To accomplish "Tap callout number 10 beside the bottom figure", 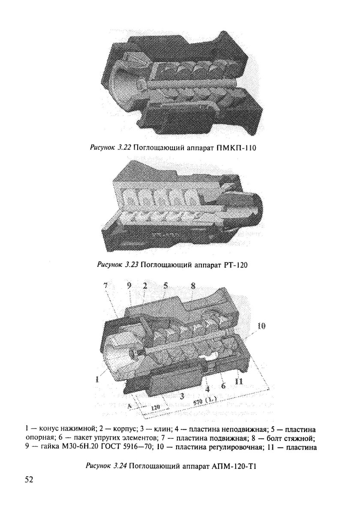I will pyautogui.click(x=262, y=326).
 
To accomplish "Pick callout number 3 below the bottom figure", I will pyautogui.click(x=182, y=396).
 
